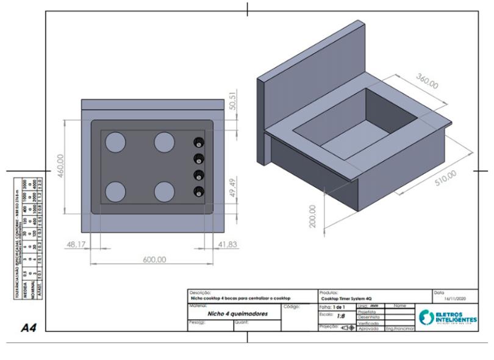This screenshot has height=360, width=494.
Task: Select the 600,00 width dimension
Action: click(154, 259)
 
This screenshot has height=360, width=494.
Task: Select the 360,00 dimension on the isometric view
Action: click(427, 81)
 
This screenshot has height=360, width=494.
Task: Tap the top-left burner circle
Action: click(116, 142)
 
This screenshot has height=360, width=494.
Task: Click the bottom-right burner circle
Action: click(165, 192)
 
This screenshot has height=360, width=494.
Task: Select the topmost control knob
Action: click(198, 143)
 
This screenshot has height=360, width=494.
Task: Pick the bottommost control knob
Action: click(198, 192)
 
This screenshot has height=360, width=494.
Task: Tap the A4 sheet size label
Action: click(29, 328)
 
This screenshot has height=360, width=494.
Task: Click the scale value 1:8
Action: click(342, 317)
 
